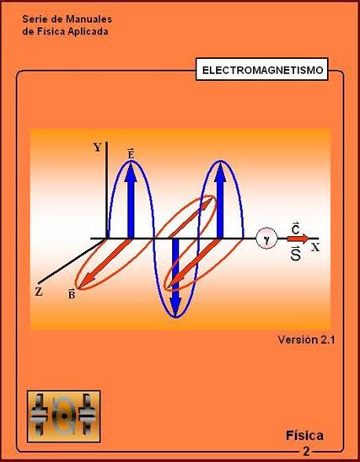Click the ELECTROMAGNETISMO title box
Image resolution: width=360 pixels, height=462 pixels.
(x=262, y=69)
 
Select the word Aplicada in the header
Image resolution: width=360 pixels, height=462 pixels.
(x=88, y=31)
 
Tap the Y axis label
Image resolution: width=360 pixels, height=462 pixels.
(x=98, y=147)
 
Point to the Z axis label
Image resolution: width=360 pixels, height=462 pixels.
(x=39, y=292)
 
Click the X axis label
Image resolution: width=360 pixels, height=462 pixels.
(x=315, y=248)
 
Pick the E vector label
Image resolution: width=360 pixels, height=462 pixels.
(x=131, y=153)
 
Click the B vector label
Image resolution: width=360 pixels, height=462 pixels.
(x=72, y=294)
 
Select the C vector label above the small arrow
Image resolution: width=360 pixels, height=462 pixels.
(x=296, y=228)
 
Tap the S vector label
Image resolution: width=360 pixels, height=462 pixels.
(x=295, y=254)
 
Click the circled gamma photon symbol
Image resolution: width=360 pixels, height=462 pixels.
(x=266, y=239)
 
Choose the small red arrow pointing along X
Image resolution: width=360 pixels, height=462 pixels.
(x=298, y=239)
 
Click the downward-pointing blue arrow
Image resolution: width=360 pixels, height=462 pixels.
(x=175, y=277)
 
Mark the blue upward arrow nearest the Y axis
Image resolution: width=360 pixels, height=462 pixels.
(x=131, y=201)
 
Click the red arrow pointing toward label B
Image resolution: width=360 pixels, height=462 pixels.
(x=105, y=263)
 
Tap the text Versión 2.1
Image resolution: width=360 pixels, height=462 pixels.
(x=306, y=340)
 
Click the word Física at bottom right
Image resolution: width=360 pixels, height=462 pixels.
(x=304, y=436)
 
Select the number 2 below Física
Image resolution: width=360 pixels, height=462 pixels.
(x=306, y=451)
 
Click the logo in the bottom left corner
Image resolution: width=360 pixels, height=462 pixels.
(x=63, y=416)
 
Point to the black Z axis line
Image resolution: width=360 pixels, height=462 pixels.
(x=72, y=261)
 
